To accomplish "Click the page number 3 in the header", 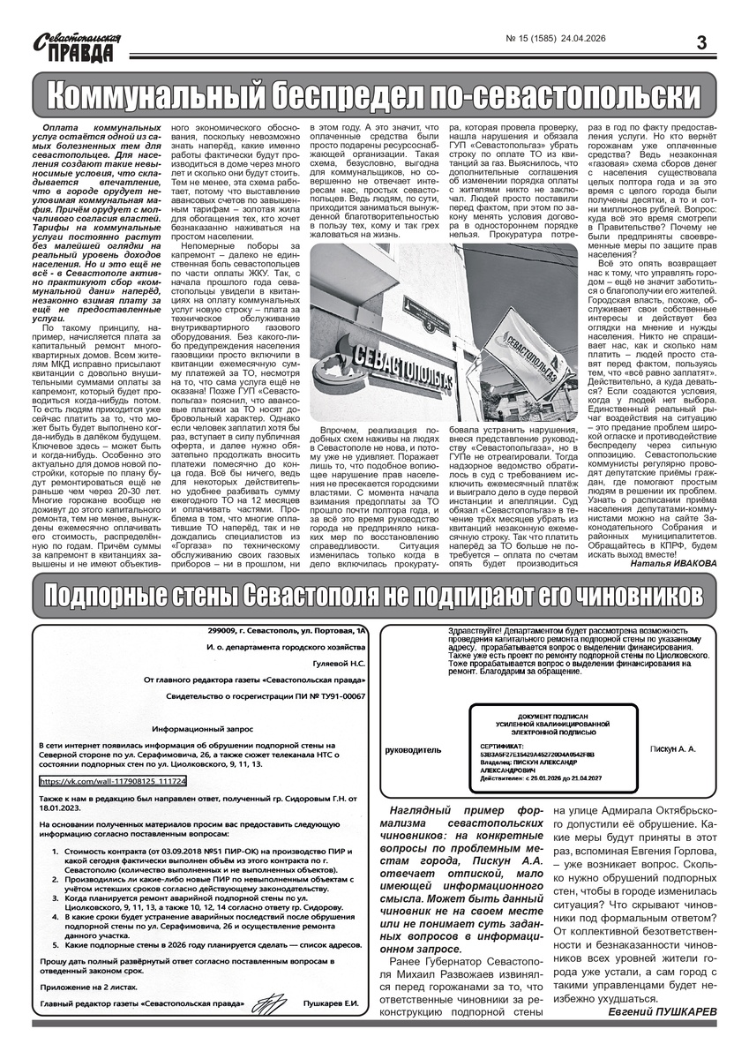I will coord(702,41).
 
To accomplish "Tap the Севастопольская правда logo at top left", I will coord(76,45).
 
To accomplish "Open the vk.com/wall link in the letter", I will coord(113,782).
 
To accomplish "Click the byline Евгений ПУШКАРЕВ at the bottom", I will coord(663,1011).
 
